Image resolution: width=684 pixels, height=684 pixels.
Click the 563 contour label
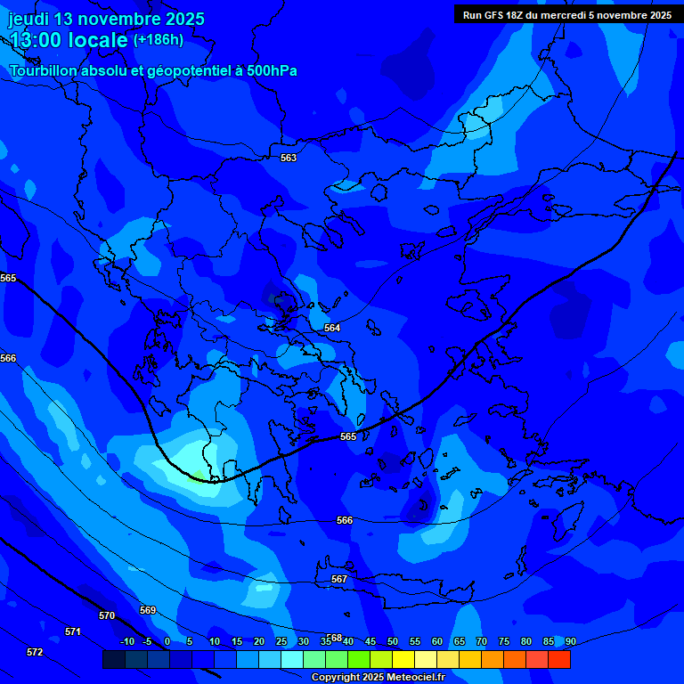(289, 158)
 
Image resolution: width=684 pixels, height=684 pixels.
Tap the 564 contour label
(332, 328)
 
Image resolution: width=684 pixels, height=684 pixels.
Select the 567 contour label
(339, 579)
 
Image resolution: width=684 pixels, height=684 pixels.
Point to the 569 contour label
(148, 610)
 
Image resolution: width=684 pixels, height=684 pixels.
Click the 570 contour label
(107, 615)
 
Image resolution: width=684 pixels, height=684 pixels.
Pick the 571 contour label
(73, 631)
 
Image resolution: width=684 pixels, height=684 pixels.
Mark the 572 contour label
(35, 652)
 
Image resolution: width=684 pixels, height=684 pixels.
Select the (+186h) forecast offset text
(159, 39)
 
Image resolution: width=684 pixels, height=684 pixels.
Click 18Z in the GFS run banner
(515, 15)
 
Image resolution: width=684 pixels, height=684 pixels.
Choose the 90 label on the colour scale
(570, 641)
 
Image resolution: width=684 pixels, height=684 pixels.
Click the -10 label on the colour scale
(126, 641)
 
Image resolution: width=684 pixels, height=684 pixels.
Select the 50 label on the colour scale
(393, 641)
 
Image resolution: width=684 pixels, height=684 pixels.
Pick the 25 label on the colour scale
(281, 641)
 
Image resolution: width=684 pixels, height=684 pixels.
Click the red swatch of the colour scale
(559, 659)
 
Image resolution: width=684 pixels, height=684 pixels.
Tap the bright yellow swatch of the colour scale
(403, 659)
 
